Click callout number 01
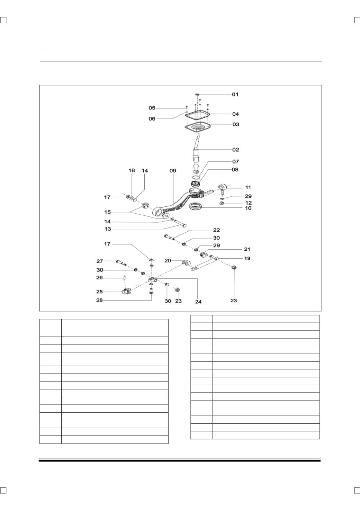(x=235, y=94)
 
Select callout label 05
(x=152, y=108)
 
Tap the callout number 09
(x=173, y=171)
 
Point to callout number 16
(x=132, y=170)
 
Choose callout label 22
(x=216, y=230)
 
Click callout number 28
(x=99, y=300)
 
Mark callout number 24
(x=198, y=302)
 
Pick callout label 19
(x=247, y=258)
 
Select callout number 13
(x=108, y=229)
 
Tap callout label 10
(x=248, y=208)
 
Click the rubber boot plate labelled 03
(x=197, y=128)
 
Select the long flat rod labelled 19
(x=205, y=264)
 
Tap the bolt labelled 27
(x=121, y=262)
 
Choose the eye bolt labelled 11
(x=222, y=189)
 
